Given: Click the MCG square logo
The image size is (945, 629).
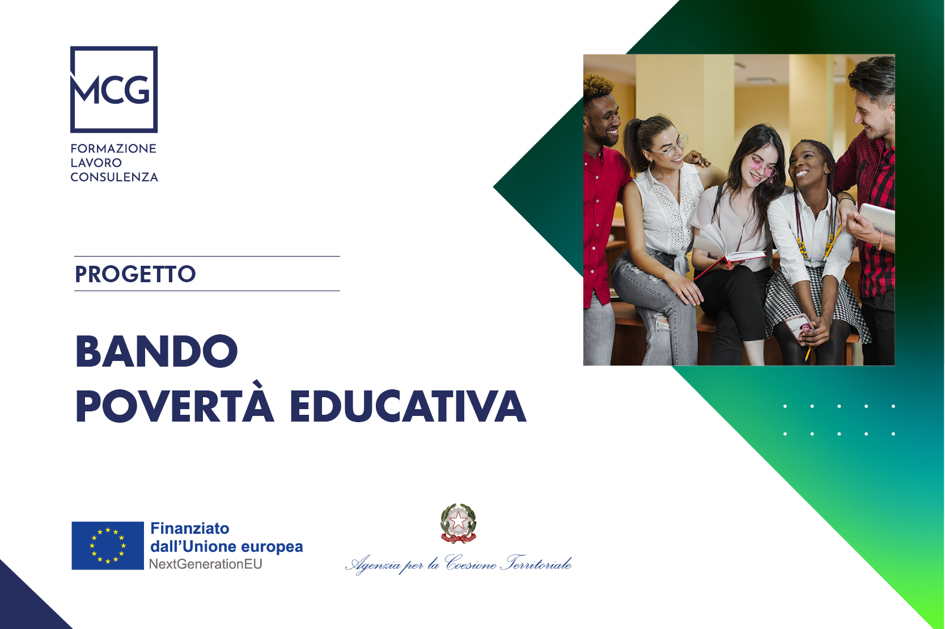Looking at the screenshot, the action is click(x=114, y=90).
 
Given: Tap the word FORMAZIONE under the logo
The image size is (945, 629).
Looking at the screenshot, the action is click(x=113, y=148).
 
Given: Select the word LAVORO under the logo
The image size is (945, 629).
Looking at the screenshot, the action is click(x=96, y=163).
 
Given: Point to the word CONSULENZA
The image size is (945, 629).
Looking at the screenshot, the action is click(x=115, y=177).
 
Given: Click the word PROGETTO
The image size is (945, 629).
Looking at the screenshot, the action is click(x=135, y=274).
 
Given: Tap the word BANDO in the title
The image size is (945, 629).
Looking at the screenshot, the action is click(x=156, y=351).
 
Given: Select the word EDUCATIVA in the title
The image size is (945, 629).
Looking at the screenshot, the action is click(x=408, y=406).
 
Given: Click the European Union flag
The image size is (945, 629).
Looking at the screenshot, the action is click(x=108, y=546).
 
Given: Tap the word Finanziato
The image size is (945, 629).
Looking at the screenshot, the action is click(x=190, y=528).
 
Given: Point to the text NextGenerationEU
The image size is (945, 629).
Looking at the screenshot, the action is click(x=205, y=564).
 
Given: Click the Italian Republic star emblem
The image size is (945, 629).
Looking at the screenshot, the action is click(x=458, y=523).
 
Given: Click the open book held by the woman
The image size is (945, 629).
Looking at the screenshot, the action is click(x=729, y=248).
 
